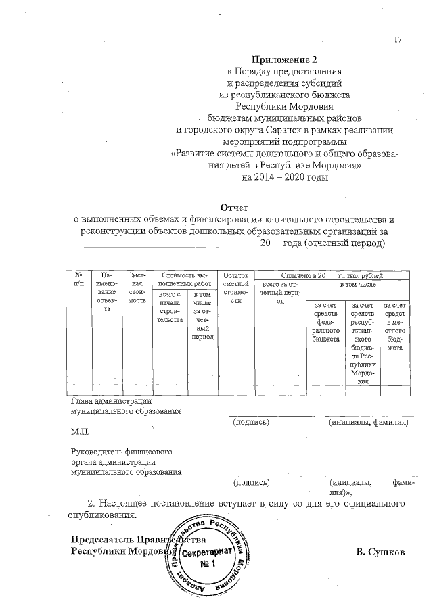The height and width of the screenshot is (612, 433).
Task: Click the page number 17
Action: pyautogui.click(x=398, y=39)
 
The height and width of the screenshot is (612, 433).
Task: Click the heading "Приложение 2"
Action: pyautogui.click(x=279, y=60)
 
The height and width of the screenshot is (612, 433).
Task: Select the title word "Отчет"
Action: pyautogui.click(x=234, y=207)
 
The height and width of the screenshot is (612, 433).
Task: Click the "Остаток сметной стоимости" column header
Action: pyautogui.click(x=236, y=288)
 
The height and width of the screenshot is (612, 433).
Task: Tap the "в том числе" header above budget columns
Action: pyautogui.click(x=357, y=286)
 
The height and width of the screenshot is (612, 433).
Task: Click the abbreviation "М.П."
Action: pyautogui.click(x=80, y=431)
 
